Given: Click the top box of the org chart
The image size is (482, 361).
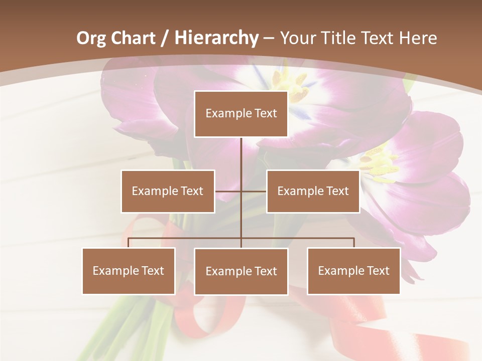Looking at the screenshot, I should pyautogui.click(x=241, y=114).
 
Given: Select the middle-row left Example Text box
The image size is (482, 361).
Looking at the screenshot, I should pyautogui.click(x=168, y=192).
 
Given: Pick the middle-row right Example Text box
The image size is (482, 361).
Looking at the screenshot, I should pyautogui.click(x=313, y=192).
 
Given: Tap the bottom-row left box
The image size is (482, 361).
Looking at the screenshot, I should pyautogui.click(x=129, y=271).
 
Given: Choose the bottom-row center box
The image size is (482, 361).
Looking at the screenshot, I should pyautogui.click(x=241, y=272).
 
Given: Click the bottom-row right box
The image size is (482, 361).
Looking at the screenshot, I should pyautogui.click(x=353, y=271).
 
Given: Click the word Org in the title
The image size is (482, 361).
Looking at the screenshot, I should pyautogui.click(x=91, y=38).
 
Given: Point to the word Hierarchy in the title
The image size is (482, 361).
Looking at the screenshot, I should pyautogui.click(x=216, y=38).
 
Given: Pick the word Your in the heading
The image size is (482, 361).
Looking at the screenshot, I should pyautogui.click(x=298, y=38).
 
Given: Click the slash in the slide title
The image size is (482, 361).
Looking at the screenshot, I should pyautogui.click(x=165, y=38).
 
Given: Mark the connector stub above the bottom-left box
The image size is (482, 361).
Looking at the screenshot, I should pyautogui.click(x=129, y=243).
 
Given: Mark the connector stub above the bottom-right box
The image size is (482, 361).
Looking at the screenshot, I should pyautogui.click(x=354, y=243).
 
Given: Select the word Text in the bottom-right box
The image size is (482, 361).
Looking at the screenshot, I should pyautogui.click(x=378, y=271).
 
